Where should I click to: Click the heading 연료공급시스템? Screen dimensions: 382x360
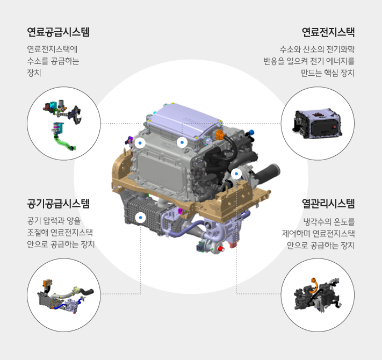pos(59,32)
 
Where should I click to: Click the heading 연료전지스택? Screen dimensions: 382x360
pos(328,32)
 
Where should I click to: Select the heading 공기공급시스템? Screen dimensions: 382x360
pos(59,204)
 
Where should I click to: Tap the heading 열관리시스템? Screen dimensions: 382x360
pos(328,204)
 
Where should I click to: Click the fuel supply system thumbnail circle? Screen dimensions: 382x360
pos(64,124)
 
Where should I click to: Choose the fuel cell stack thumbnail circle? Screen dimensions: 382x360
pos(318,124)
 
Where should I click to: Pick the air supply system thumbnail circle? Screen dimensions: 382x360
pos(64,295)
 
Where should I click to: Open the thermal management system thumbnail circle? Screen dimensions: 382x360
pos(318,295)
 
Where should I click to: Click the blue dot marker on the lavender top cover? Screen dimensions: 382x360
pos(182,142)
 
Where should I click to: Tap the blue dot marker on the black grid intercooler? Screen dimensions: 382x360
pos(140,218)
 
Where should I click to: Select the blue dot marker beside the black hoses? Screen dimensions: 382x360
pos(236,174)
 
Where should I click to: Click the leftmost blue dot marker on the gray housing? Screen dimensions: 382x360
pos(140,143)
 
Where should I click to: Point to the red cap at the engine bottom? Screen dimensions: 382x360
pos(221,249)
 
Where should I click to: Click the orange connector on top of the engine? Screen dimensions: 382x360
pos(220,134)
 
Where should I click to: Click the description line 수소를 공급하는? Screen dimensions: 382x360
pos(53,61)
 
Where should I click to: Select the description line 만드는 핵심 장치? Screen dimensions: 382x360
pos(328,73)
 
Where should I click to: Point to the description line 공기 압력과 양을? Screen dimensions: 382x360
pos(54,221)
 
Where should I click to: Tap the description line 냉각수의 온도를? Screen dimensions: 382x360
pos(329,221)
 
